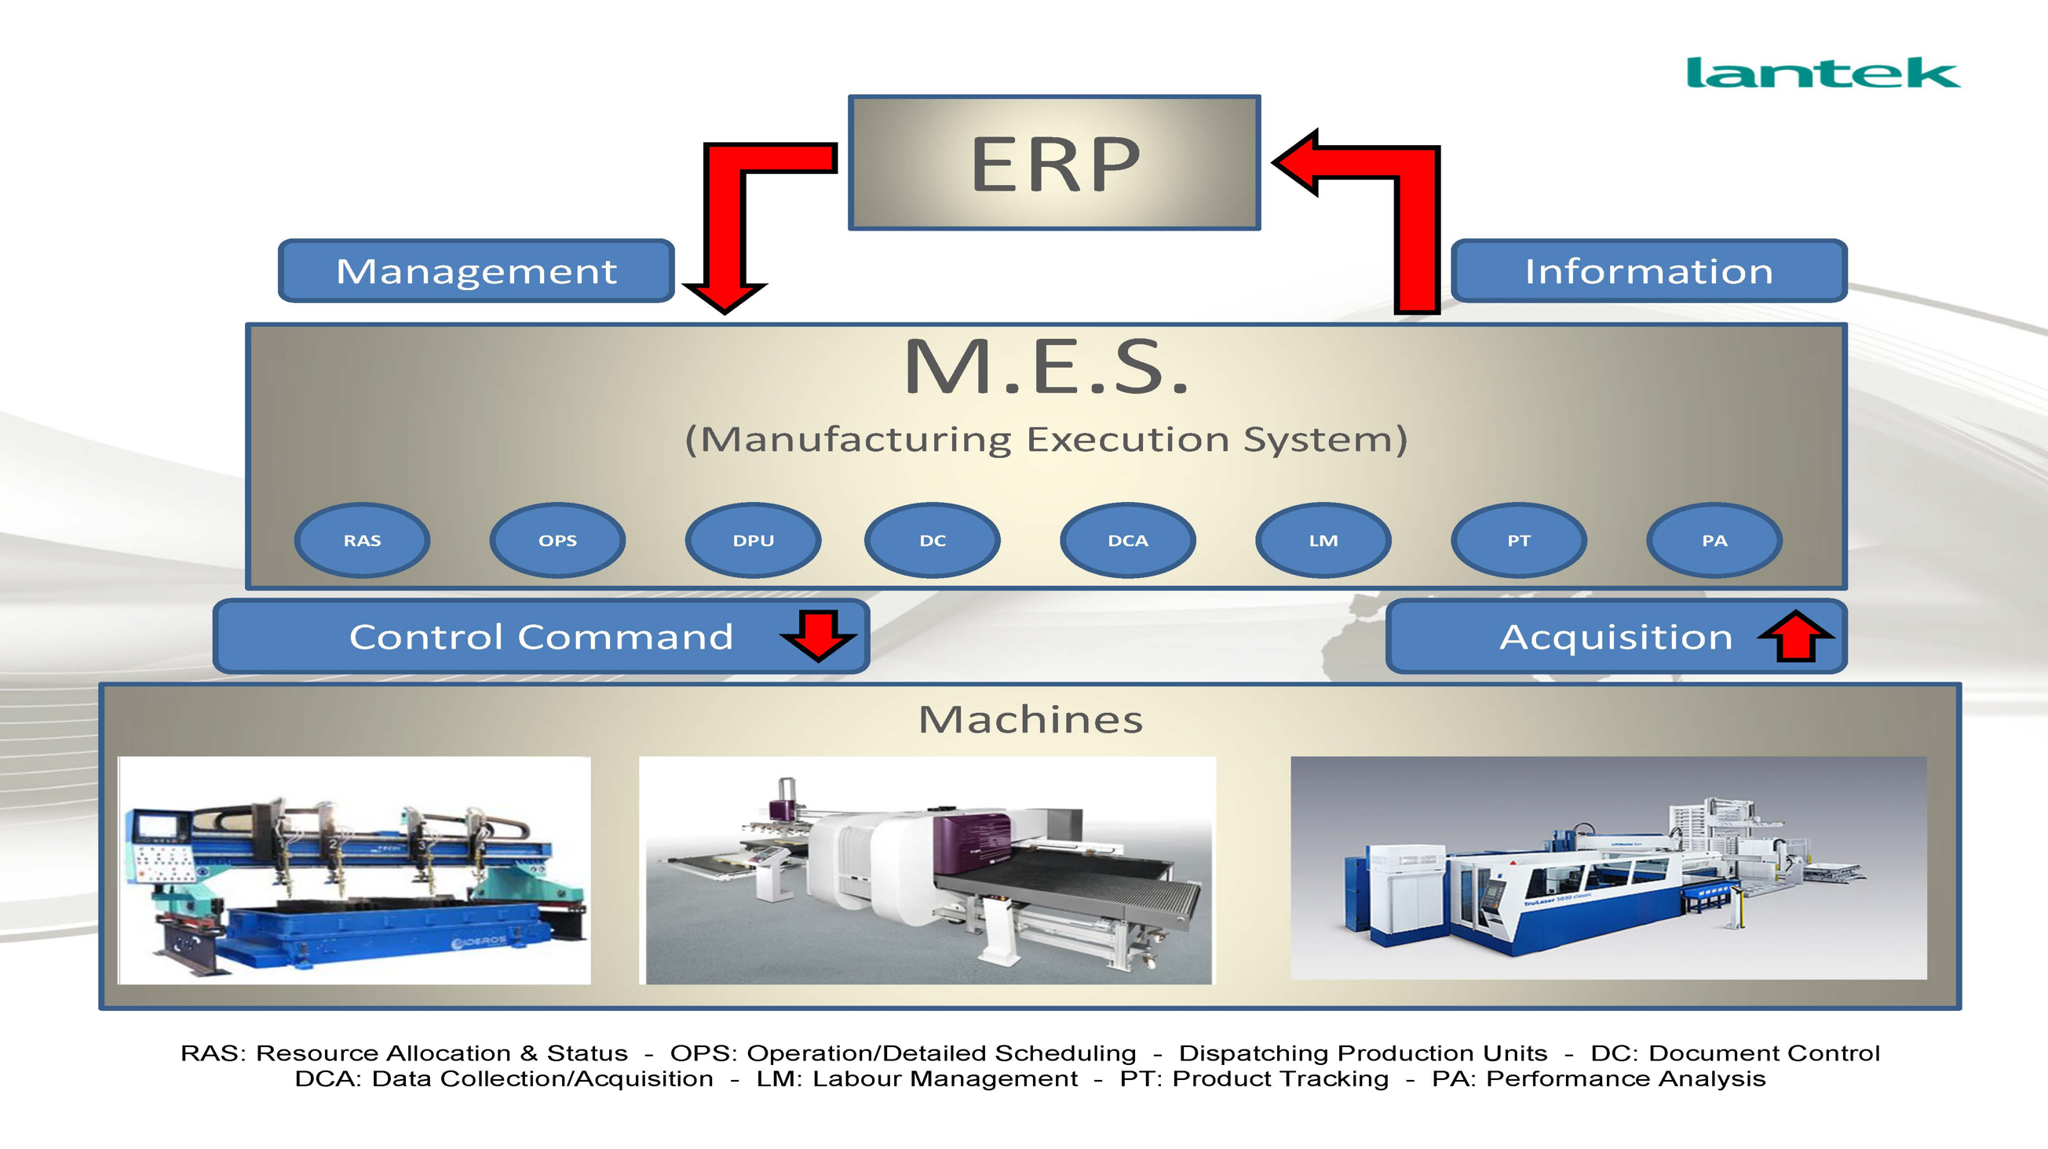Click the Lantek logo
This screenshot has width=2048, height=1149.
(1822, 72)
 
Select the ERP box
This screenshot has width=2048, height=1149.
(1054, 163)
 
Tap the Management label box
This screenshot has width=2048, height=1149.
(476, 271)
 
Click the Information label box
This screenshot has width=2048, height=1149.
(1648, 271)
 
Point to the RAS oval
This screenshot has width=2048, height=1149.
(362, 540)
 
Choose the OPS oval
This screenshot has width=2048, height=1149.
(557, 540)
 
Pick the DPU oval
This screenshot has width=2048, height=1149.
(753, 540)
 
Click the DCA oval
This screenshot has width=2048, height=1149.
(1127, 540)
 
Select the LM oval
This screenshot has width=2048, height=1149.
(1323, 540)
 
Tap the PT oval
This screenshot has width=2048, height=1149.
(1518, 540)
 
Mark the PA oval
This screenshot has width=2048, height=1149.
(1714, 540)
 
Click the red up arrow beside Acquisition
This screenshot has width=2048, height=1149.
(1796, 636)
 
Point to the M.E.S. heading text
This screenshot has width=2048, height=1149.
(1046, 367)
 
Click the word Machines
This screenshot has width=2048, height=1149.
(1031, 720)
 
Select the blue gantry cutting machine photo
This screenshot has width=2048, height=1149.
(355, 870)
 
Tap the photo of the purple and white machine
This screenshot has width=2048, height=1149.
(928, 870)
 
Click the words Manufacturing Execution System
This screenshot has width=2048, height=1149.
(1046, 439)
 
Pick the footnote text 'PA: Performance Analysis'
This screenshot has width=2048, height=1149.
(1598, 1079)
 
